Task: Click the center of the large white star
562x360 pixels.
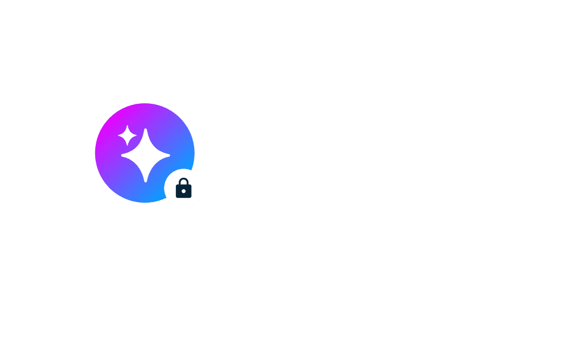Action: (x=146, y=155)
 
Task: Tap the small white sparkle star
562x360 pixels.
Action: (x=127, y=136)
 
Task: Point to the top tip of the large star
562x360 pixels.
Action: (x=146, y=129)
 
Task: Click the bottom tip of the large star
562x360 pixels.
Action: (x=146, y=182)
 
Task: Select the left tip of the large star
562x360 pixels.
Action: (x=122, y=155)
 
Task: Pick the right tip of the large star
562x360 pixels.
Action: (x=169, y=155)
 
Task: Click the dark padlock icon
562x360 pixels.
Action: (x=184, y=188)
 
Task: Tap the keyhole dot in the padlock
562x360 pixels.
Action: (x=184, y=191)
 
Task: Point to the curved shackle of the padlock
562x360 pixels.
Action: (x=184, y=181)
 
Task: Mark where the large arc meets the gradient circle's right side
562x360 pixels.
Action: (x=188, y=128)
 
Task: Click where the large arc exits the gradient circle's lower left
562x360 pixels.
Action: (x=104, y=184)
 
